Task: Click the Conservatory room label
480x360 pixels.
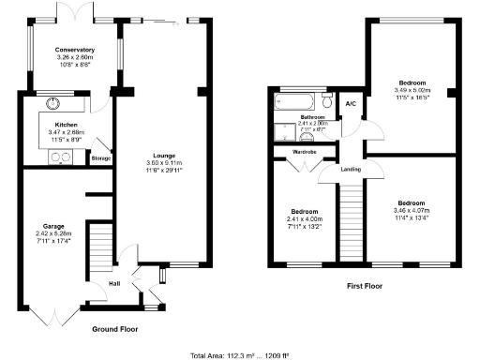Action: pyautogui.click(x=74, y=50)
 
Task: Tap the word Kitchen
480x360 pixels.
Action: pyautogui.click(x=65, y=125)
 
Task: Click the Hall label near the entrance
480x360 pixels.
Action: pyautogui.click(x=114, y=282)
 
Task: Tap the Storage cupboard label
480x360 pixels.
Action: pyautogui.click(x=100, y=158)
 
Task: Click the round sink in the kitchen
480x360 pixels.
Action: pyautogui.click(x=54, y=104)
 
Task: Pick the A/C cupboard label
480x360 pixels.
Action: pyautogui.click(x=351, y=103)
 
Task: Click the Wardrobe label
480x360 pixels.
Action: pyautogui.click(x=304, y=151)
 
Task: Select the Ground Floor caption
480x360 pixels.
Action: pyautogui.click(x=115, y=330)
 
